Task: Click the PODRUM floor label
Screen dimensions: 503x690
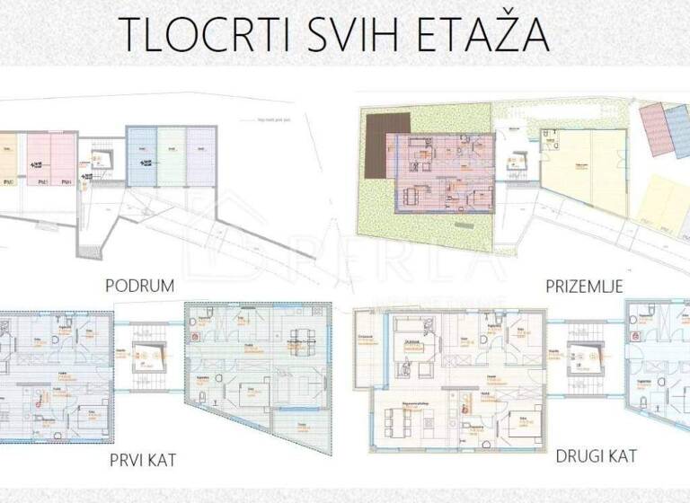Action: coord(138,287)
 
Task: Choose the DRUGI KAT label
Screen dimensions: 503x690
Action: coord(597,455)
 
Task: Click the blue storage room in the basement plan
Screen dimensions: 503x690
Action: coord(141,157)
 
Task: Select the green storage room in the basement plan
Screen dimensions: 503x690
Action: coord(171,157)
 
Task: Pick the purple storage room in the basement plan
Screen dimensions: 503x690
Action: coord(199,157)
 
